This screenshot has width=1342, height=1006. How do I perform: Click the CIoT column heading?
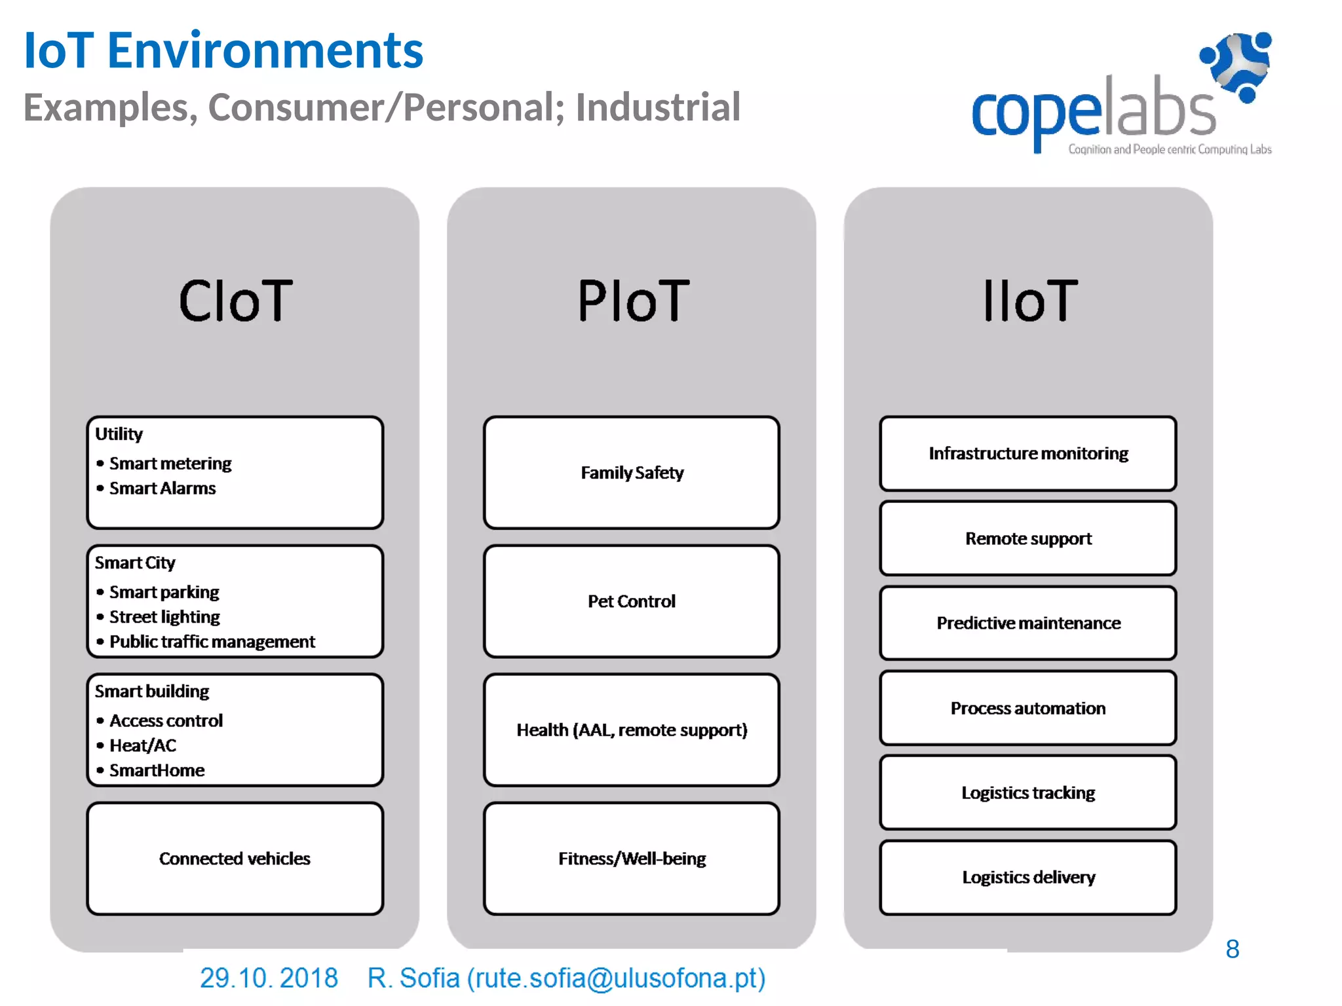pyautogui.click(x=235, y=301)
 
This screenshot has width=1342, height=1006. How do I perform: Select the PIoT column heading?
pyautogui.click(x=633, y=301)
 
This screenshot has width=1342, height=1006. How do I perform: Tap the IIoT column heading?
pyautogui.click(x=1029, y=301)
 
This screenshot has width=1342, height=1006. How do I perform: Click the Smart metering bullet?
pyautogui.click(x=170, y=464)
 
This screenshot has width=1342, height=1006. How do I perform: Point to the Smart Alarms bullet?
pyautogui.click(x=162, y=489)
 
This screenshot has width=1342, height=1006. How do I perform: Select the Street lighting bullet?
pyautogui.click(x=164, y=617)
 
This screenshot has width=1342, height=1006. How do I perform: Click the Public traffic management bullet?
pyautogui.click(x=212, y=642)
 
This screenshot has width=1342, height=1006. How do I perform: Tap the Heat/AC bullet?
pyautogui.click(x=142, y=745)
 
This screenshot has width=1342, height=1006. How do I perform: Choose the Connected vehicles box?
pyautogui.click(x=235, y=859)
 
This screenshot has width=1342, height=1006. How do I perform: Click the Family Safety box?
pyautogui.click(x=632, y=473)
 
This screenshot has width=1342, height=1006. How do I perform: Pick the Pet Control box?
pyautogui.click(x=632, y=601)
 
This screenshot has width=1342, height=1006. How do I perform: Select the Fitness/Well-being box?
pyautogui.click(x=632, y=859)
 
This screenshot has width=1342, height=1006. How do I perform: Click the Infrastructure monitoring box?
pyautogui.click(x=1028, y=454)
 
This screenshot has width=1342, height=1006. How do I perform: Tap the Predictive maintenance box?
pyautogui.click(x=1028, y=623)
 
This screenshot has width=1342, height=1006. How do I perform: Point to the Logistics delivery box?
pyautogui.click(x=1028, y=878)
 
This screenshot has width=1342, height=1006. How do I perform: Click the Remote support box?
pyautogui.click(x=1028, y=538)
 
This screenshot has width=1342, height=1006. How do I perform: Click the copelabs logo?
pyautogui.click(x=1121, y=98)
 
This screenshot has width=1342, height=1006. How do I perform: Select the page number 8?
pyautogui.click(x=1232, y=949)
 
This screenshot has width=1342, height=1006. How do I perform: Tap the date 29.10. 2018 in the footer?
pyautogui.click(x=269, y=978)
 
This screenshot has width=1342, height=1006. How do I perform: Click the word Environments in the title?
pyautogui.click(x=265, y=50)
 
